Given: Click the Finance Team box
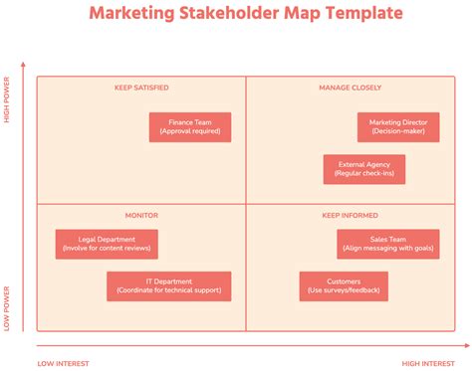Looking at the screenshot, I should (x=190, y=126).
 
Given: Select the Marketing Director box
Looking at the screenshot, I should (x=398, y=126).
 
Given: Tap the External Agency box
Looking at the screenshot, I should (x=364, y=169).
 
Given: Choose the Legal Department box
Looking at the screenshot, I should (x=106, y=244).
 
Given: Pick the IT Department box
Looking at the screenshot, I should (x=169, y=286).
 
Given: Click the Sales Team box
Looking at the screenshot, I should (x=387, y=244).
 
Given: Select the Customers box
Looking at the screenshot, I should (x=344, y=286).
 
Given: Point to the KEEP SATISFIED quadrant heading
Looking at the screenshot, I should (x=140, y=88).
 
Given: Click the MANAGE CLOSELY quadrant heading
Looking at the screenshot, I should (x=351, y=88).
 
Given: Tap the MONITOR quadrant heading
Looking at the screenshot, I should (x=141, y=215).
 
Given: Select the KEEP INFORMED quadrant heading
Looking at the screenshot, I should (x=351, y=215).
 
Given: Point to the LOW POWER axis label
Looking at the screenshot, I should (x=7, y=309).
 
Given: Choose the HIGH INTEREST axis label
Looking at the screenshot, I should (x=427, y=363).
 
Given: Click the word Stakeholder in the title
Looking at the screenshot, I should (x=244, y=14).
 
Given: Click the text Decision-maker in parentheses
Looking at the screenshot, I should (x=398, y=131).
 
